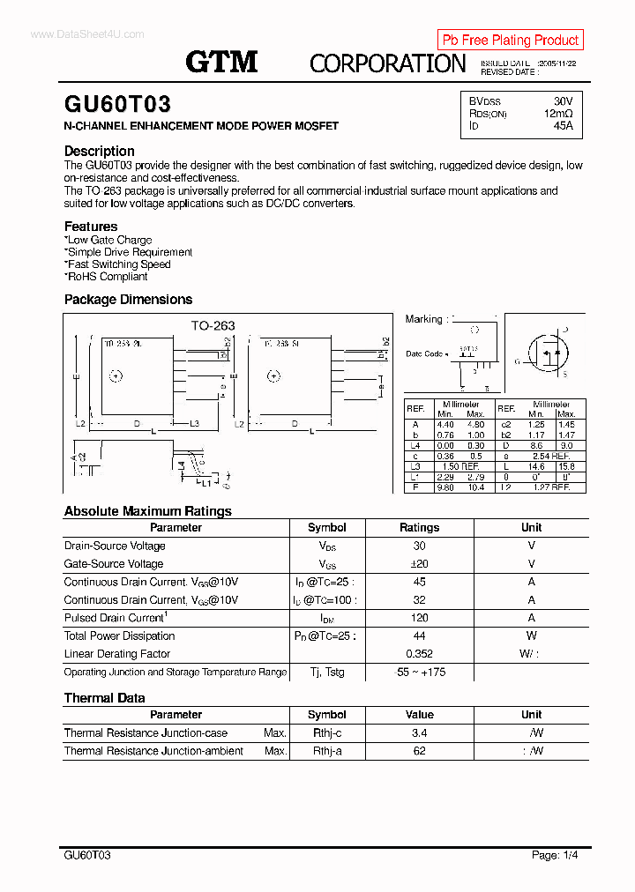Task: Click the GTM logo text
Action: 221,62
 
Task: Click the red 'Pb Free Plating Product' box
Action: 510,40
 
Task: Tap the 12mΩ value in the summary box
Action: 557,114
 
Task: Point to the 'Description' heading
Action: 99,151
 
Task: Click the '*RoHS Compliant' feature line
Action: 106,276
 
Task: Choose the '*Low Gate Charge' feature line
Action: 108,240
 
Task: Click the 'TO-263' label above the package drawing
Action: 213,325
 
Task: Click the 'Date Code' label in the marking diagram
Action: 424,353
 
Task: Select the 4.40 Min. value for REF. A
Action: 445,424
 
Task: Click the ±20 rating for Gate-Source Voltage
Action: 419,564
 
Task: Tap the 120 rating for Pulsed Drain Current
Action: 419,618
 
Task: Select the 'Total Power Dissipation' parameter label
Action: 119,636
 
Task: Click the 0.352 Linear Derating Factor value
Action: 419,654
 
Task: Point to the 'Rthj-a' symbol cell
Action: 327,751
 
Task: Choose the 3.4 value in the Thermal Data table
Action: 419,733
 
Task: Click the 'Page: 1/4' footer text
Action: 555,855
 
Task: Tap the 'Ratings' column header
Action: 419,527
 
